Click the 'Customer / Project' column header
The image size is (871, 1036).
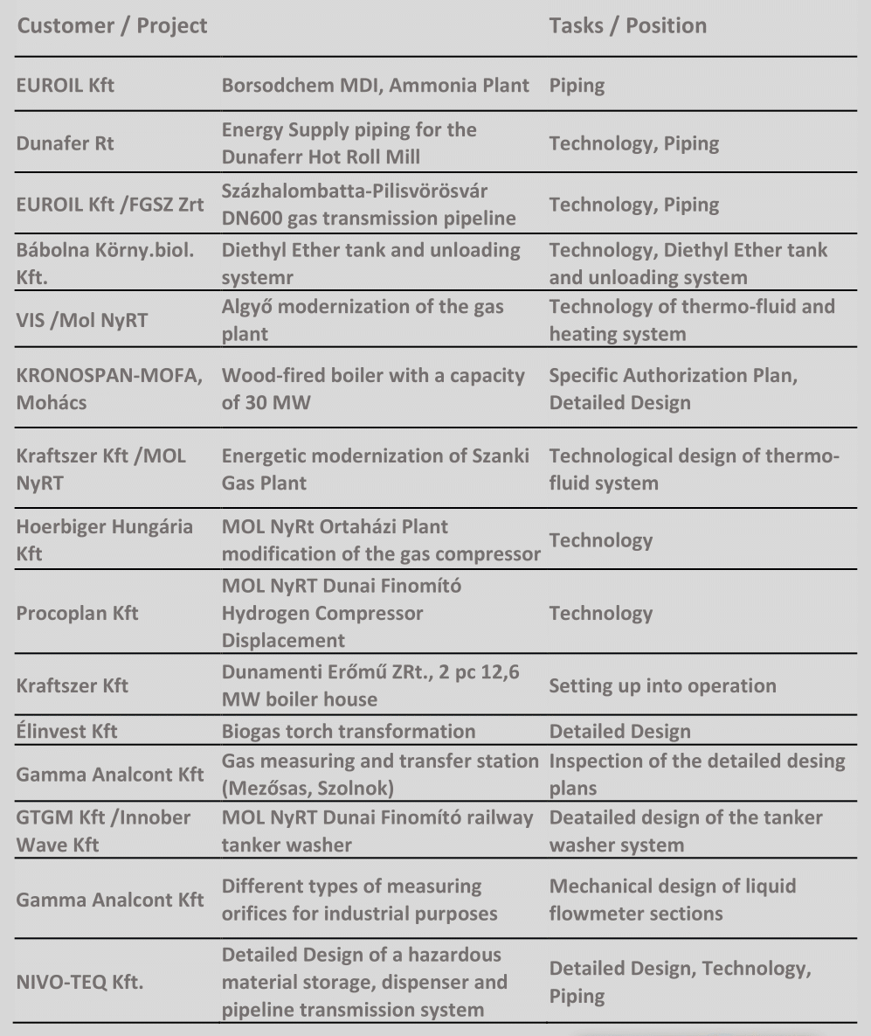[113, 25]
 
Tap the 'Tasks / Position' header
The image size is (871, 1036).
[627, 25]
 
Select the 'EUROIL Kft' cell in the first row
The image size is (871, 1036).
[66, 86]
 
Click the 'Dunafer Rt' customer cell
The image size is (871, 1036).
[66, 143]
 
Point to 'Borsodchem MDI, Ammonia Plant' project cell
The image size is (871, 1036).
[375, 86]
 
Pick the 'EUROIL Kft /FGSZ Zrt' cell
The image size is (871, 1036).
[110, 205]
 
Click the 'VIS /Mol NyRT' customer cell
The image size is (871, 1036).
[82, 320]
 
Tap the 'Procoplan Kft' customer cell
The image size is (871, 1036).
[77, 613]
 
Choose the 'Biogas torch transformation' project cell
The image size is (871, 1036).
[349, 732]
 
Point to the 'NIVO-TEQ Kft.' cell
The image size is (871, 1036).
[80, 982]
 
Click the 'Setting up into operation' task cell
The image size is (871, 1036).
[662, 685]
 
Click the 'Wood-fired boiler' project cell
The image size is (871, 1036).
[373, 389]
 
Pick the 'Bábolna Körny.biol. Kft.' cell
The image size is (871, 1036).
[105, 263]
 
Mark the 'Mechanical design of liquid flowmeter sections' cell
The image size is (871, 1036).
[672, 900]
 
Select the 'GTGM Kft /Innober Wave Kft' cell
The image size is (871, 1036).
[103, 831]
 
